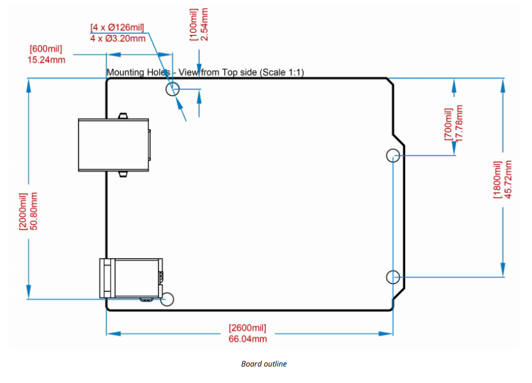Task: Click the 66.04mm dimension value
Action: [247, 339]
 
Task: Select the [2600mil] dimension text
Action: [247, 328]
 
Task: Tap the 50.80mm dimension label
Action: [34, 211]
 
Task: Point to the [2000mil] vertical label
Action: [23, 211]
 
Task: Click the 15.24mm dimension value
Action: [46, 60]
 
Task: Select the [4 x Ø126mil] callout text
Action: [117, 27]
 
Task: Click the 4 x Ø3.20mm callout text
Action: [117, 38]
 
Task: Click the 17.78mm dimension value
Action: [460, 123]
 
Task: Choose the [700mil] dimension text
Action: [448, 124]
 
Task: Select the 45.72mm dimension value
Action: [509, 179]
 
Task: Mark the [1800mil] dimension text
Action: [498, 179]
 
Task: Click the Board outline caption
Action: [264, 364]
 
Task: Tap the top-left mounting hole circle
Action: [172, 89]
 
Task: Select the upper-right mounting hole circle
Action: [393, 155]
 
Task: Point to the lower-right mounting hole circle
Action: [393, 276]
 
